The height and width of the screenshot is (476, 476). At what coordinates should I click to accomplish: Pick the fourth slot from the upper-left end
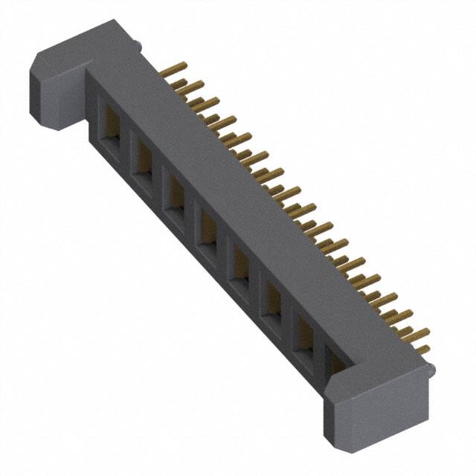pyautogui.click(x=208, y=229)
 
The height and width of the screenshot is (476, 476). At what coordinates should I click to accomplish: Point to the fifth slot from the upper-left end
pyautogui.click(x=240, y=264)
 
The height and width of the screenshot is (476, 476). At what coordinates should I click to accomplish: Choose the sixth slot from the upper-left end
pyautogui.click(x=272, y=298)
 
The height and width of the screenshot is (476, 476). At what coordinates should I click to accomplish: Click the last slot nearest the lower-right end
pyautogui.click(x=336, y=364)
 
